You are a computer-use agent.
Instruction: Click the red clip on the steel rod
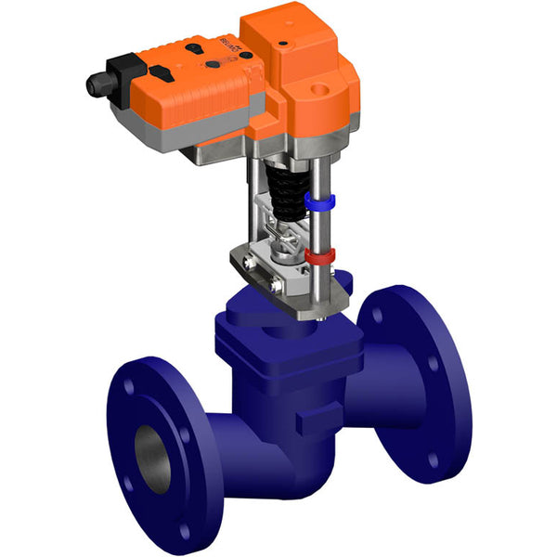coord(319,253)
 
